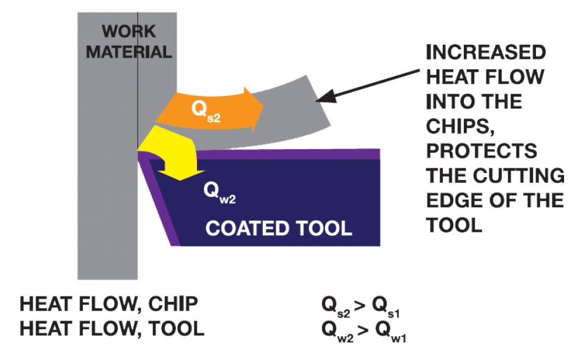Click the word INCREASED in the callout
(x=485, y=53)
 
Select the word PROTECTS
(x=481, y=151)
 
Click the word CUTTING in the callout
(x=524, y=175)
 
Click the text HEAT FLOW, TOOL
(x=112, y=329)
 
